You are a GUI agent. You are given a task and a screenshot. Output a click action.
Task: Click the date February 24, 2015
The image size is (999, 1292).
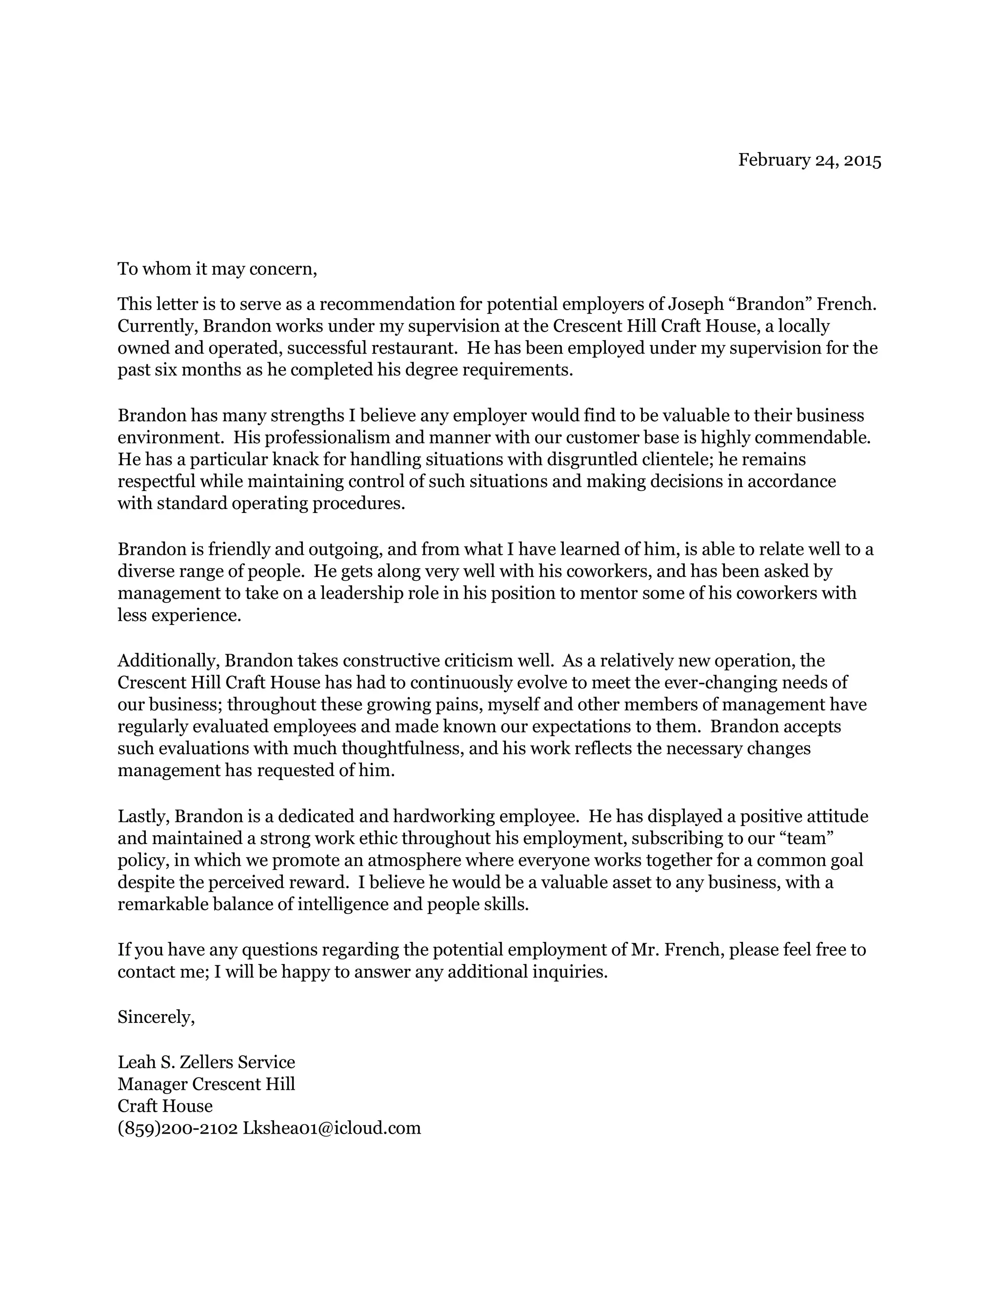(809, 160)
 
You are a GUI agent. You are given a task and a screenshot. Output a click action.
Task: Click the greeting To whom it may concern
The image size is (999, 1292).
(217, 269)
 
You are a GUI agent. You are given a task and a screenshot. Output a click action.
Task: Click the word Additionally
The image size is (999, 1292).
(169, 660)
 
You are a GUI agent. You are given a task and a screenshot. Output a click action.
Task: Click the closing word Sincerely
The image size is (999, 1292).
(156, 1017)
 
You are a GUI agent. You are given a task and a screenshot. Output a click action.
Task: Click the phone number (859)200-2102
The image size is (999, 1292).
(178, 1128)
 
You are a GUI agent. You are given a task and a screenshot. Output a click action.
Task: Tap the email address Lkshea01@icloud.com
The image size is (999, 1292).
(331, 1128)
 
